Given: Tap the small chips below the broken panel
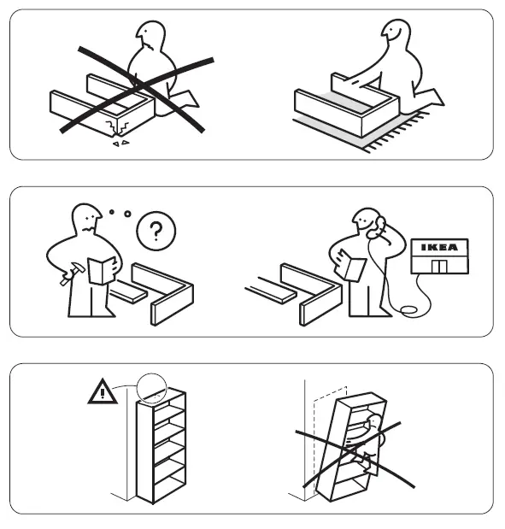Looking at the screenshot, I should pos(119,144).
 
